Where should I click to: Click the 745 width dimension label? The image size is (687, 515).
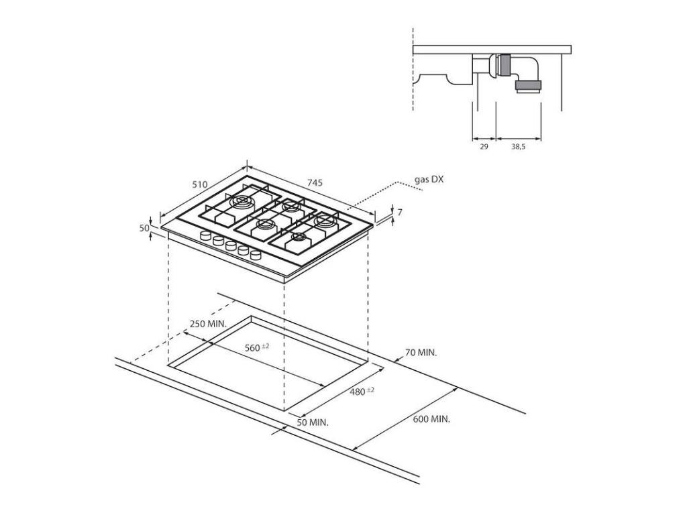pyautogui.click(x=315, y=182)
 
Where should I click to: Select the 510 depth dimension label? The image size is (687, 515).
pyautogui.click(x=200, y=184)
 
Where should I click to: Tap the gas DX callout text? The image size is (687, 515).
pyautogui.click(x=429, y=180)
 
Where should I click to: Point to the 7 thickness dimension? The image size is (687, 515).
pyautogui.click(x=399, y=213)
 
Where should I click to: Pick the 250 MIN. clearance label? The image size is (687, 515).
pyautogui.click(x=208, y=324)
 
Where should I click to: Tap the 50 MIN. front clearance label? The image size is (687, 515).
pyautogui.click(x=313, y=422)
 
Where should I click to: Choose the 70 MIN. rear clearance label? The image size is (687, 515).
pyautogui.click(x=421, y=352)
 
